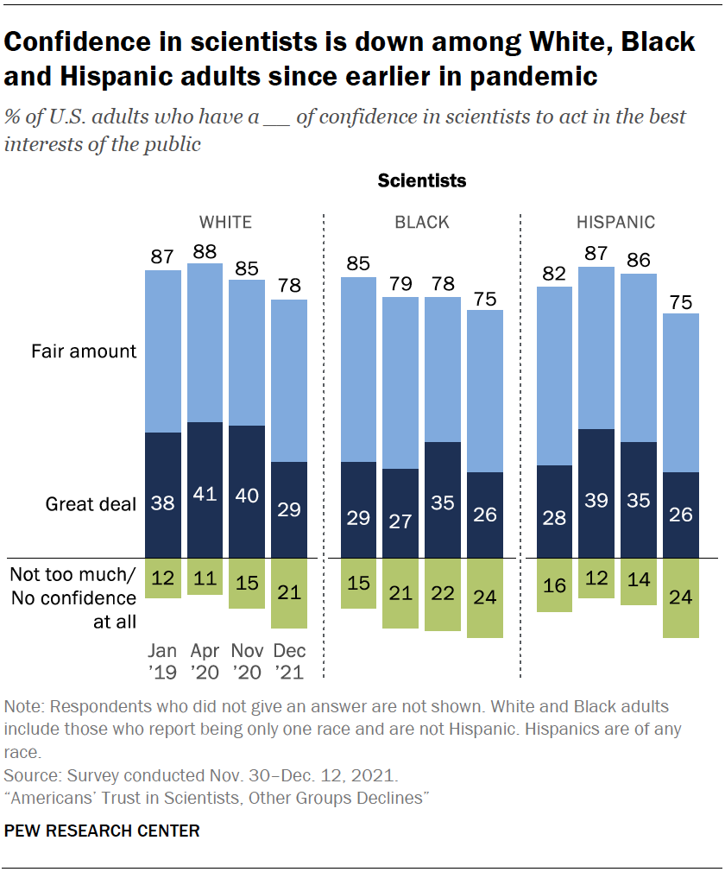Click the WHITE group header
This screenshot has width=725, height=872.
coord(225,222)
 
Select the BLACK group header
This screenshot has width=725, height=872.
coord(422,222)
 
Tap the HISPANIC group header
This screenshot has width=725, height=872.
coord(616,222)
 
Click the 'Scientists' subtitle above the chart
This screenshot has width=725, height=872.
coord(422,181)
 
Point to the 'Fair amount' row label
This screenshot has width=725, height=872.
coord(84,351)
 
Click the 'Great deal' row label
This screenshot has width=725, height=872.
coord(90,504)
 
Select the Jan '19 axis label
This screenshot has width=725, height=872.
coord(162,660)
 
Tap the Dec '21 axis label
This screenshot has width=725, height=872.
coord(289,660)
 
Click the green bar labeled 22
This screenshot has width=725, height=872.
coord(443,594)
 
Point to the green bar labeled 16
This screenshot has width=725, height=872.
coord(555,584)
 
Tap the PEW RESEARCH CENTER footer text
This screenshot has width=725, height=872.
coord(102,831)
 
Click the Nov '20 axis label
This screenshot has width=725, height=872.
coord(247,660)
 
